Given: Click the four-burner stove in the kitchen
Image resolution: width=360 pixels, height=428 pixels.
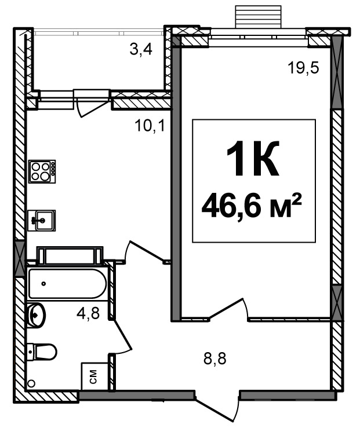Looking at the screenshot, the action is click(42, 171).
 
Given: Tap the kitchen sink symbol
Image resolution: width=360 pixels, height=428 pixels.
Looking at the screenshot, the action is click(42, 220).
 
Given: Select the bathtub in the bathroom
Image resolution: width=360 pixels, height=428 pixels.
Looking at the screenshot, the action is click(67, 284).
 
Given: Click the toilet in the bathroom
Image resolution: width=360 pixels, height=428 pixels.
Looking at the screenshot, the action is click(42, 352).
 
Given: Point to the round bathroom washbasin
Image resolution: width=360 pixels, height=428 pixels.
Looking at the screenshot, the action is click(36, 315).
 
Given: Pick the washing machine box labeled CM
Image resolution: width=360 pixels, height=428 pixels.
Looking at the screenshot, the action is click(94, 376).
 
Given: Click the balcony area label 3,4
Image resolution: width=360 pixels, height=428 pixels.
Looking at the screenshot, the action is click(141, 50).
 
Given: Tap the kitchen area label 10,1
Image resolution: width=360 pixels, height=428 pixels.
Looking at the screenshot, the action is click(150, 126).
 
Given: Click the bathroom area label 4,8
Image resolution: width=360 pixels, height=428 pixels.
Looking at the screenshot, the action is click(88, 313).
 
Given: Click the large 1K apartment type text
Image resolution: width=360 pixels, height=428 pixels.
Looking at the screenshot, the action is click(253, 158).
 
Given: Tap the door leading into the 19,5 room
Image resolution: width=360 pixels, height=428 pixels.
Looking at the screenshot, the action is click(228, 309).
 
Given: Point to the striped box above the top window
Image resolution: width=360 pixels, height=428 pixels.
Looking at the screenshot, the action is click(258, 16).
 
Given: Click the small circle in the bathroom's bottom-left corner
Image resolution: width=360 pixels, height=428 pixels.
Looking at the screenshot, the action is click(32, 383).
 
